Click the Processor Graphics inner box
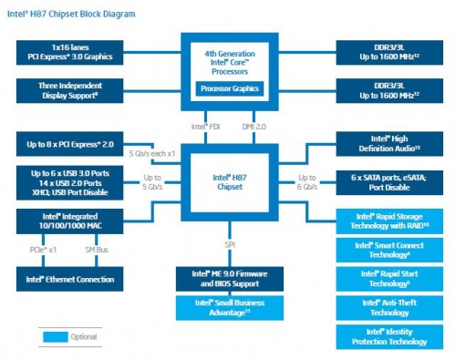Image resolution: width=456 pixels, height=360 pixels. [x=227, y=89]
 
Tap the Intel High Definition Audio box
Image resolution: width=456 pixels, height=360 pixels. [x=384, y=143]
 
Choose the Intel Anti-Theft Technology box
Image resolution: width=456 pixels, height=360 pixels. [x=384, y=307]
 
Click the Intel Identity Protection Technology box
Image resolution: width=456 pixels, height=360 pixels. [x=384, y=337]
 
